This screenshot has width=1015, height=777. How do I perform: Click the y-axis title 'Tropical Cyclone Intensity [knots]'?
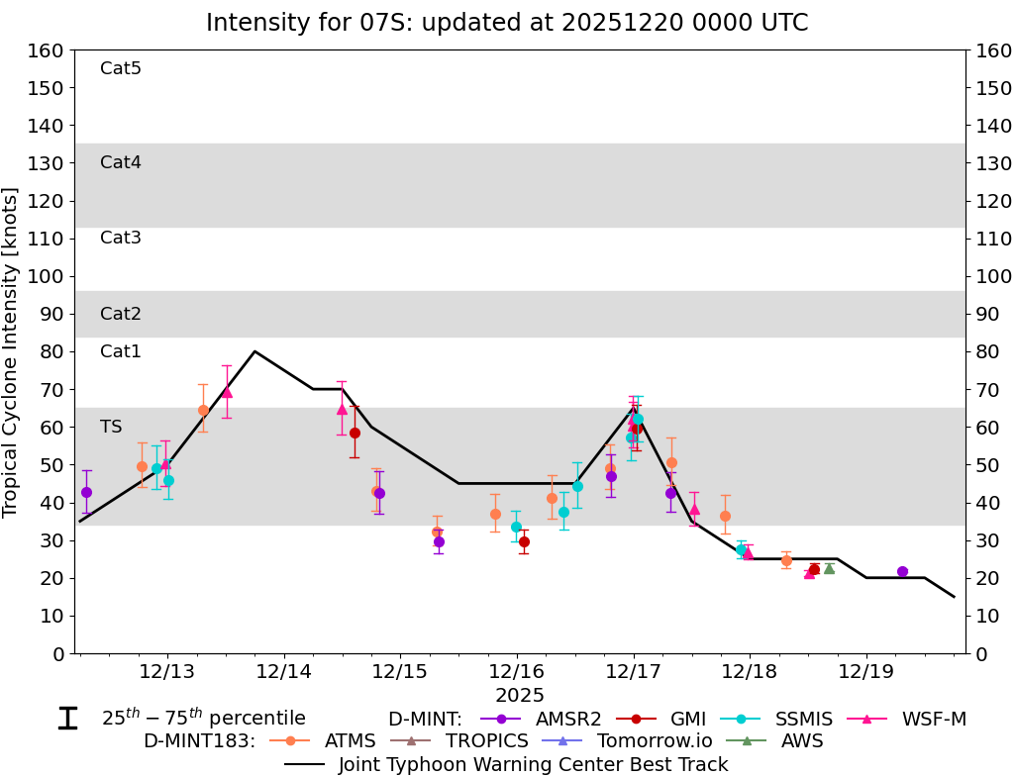12,351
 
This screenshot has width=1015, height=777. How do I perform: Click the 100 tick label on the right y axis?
992,276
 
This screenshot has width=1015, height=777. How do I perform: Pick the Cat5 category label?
121,68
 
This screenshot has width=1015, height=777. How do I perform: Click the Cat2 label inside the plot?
121,314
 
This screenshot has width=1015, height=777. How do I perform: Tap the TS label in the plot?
111,427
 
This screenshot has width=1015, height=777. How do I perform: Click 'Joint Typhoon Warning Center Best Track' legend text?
533,764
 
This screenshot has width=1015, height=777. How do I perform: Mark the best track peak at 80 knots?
255,351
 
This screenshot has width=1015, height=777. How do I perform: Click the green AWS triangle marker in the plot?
829,568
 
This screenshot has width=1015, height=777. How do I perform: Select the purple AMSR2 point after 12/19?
902,571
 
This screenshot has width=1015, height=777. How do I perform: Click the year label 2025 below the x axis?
520,695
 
